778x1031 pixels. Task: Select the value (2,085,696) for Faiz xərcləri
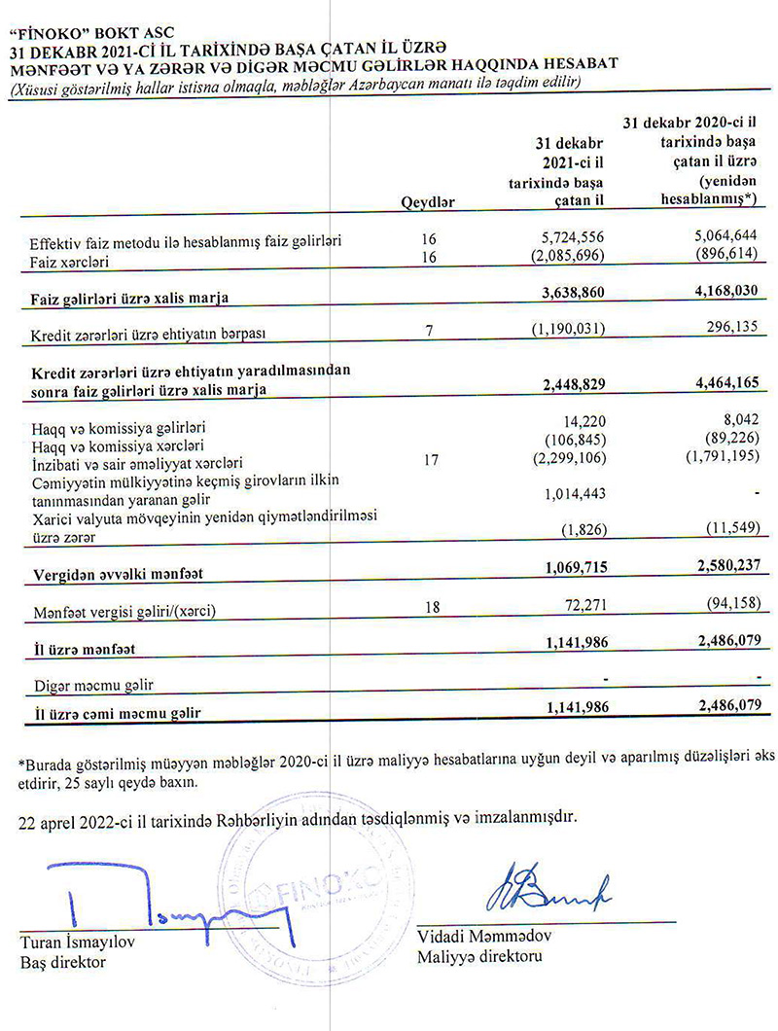pyautogui.click(x=569, y=258)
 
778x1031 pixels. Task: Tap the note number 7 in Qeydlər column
pyautogui.click(x=428, y=332)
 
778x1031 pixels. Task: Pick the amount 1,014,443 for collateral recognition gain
pyautogui.click(x=574, y=494)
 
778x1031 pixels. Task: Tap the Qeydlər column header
pyautogui.click(x=428, y=201)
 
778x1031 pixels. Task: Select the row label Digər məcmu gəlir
pyautogui.click(x=93, y=685)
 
